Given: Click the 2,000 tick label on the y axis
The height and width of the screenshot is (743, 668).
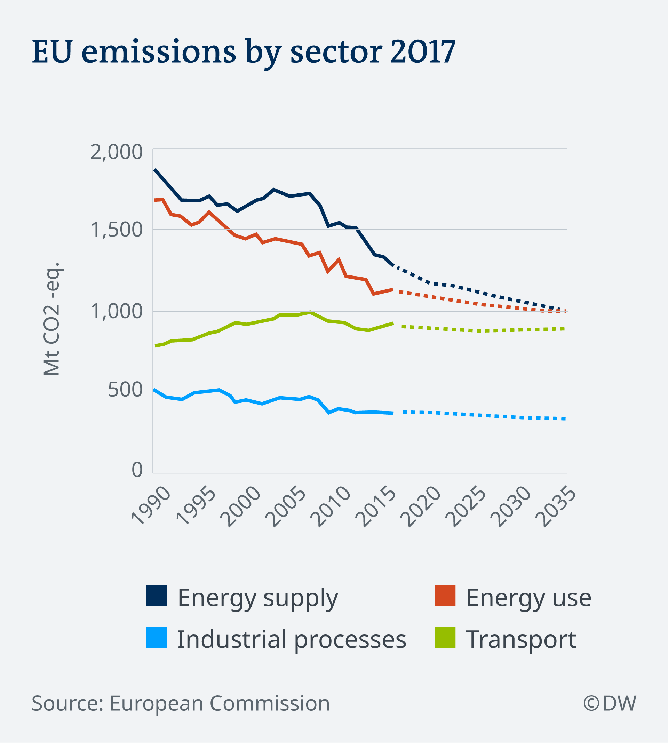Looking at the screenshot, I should [116, 152].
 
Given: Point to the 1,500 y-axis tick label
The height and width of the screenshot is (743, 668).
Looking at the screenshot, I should [116, 230].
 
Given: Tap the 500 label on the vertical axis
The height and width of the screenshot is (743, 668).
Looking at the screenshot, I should [125, 390].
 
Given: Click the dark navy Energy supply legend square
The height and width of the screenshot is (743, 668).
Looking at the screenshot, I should [156, 595].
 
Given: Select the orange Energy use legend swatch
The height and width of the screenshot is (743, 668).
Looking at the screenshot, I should [445, 595].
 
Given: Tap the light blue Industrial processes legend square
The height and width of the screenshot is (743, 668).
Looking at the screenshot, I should [156, 637].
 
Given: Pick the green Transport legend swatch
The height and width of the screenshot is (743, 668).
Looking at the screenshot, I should [445, 637].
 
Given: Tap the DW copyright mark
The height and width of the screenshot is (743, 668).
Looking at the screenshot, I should [610, 703].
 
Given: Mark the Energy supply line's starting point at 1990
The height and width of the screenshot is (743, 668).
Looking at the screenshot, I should [155, 169].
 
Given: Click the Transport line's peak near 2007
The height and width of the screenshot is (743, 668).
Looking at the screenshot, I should [310, 312].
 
